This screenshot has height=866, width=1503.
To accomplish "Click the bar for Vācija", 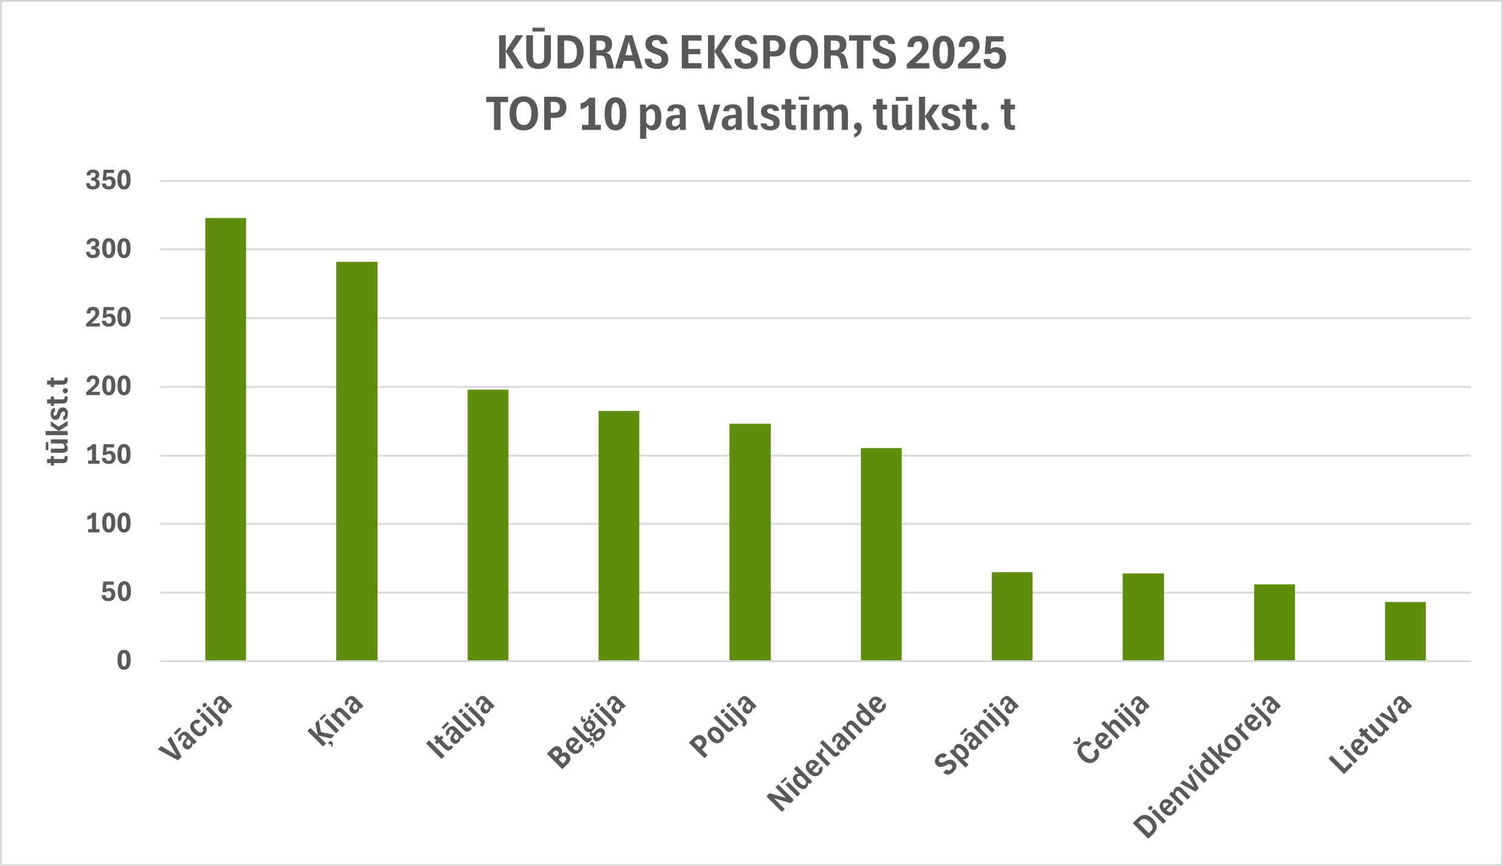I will coord(225,439).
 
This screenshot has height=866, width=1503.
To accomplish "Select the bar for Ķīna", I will coord(357,461).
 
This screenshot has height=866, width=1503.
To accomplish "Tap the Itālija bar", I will coord(488,525).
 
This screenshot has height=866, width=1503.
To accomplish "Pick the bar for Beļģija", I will coord(618,536).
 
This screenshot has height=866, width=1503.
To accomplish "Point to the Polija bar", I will coord(750,542).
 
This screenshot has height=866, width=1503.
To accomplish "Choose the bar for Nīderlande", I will coord(881,554).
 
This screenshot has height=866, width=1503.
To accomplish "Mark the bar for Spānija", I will coord(1012,616).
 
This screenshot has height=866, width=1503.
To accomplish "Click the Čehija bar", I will coord(1143,616).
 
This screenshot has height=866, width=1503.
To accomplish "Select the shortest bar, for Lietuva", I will coord(1405,631).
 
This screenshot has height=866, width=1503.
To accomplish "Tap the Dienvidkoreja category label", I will coord(1207,766).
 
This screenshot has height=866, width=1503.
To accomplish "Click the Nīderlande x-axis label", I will coord(827,752).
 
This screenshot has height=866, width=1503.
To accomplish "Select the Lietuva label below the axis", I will coord(1370,733).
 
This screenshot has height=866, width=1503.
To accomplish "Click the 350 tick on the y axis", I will coord(108,181).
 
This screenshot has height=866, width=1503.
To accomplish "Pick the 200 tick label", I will coord(108,386).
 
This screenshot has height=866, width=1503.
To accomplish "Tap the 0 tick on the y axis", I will coord(124,661).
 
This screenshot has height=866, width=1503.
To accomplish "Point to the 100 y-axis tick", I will coord(108,524).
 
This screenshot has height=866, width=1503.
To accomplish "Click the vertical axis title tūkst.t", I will coord(58,421).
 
